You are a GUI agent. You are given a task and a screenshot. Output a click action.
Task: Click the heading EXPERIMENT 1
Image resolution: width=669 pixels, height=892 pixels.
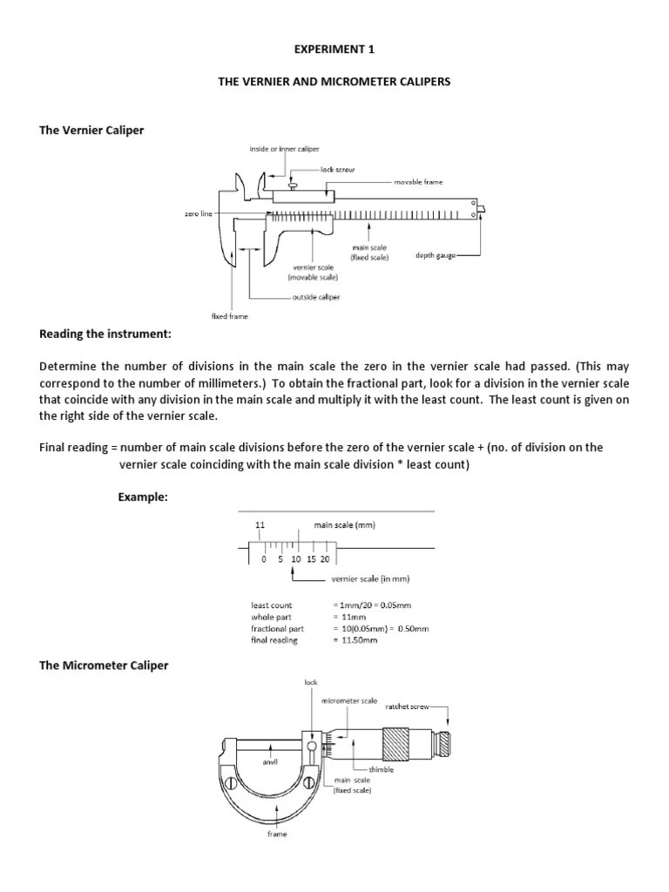pos(334,51)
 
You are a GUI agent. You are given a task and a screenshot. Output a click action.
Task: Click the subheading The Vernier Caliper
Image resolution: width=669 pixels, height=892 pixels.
pos(91,130)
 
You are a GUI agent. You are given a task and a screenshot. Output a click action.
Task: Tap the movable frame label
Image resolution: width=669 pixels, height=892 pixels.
pos(419,182)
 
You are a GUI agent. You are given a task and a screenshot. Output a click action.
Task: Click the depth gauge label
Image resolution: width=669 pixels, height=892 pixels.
pos(435,257)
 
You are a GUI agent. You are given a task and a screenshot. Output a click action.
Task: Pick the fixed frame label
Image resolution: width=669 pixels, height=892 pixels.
pos(230,316)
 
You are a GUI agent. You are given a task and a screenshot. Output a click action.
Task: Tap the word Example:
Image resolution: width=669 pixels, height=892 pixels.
pos(142,497)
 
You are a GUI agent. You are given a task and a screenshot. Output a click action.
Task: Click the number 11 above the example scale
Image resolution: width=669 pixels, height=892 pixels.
pos(260,525)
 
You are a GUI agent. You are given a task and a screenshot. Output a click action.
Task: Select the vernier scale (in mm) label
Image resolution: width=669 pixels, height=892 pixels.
pos(370,579)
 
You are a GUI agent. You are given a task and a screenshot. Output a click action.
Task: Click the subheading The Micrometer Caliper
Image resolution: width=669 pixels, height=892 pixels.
pos(105,666)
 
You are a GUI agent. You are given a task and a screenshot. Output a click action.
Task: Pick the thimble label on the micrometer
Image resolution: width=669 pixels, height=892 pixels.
pos(381,769)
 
